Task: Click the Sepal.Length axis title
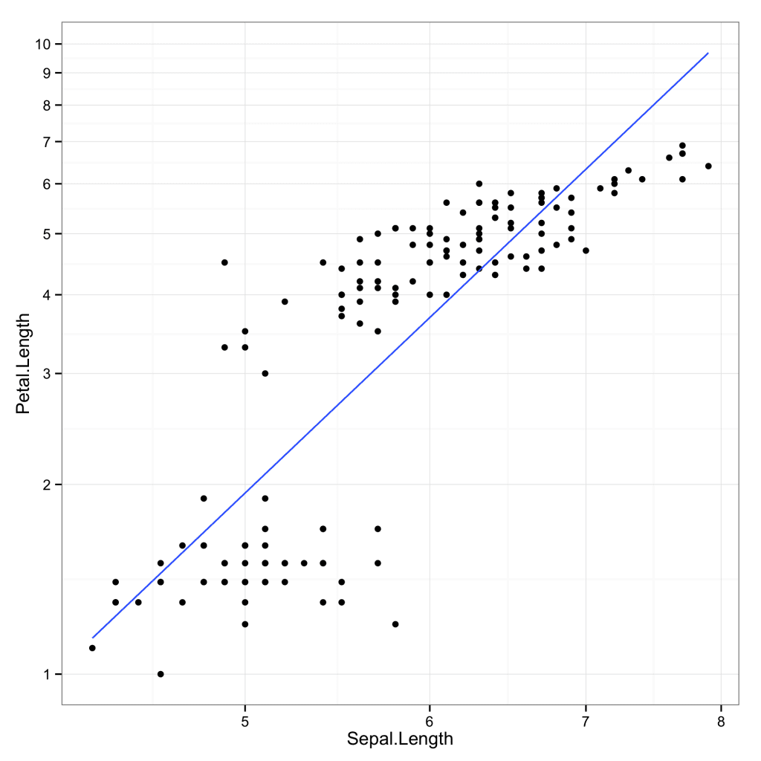[x=400, y=739]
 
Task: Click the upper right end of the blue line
[x=708, y=54]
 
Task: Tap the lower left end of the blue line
[x=92, y=638]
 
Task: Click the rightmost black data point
[x=708, y=166]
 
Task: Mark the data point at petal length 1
[x=161, y=674]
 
